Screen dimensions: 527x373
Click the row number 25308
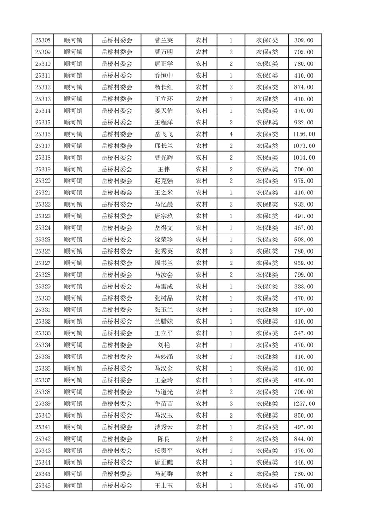(x=43, y=40)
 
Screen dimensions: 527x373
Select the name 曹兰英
(x=163, y=40)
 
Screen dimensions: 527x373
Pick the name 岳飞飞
(x=163, y=134)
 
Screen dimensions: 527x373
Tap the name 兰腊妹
(x=163, y=322)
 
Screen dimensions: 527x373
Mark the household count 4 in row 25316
(x=231, y=134)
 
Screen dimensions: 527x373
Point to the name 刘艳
(x=163, y=345)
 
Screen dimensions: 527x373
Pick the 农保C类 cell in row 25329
(x=267, y=287)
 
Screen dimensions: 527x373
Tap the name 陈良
(x=163, y=439)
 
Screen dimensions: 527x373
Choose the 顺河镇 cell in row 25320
(x=73, y=181)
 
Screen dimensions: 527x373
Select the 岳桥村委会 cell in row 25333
(x=117, y=333)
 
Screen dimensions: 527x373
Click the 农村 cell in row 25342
(x=202, y=439)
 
